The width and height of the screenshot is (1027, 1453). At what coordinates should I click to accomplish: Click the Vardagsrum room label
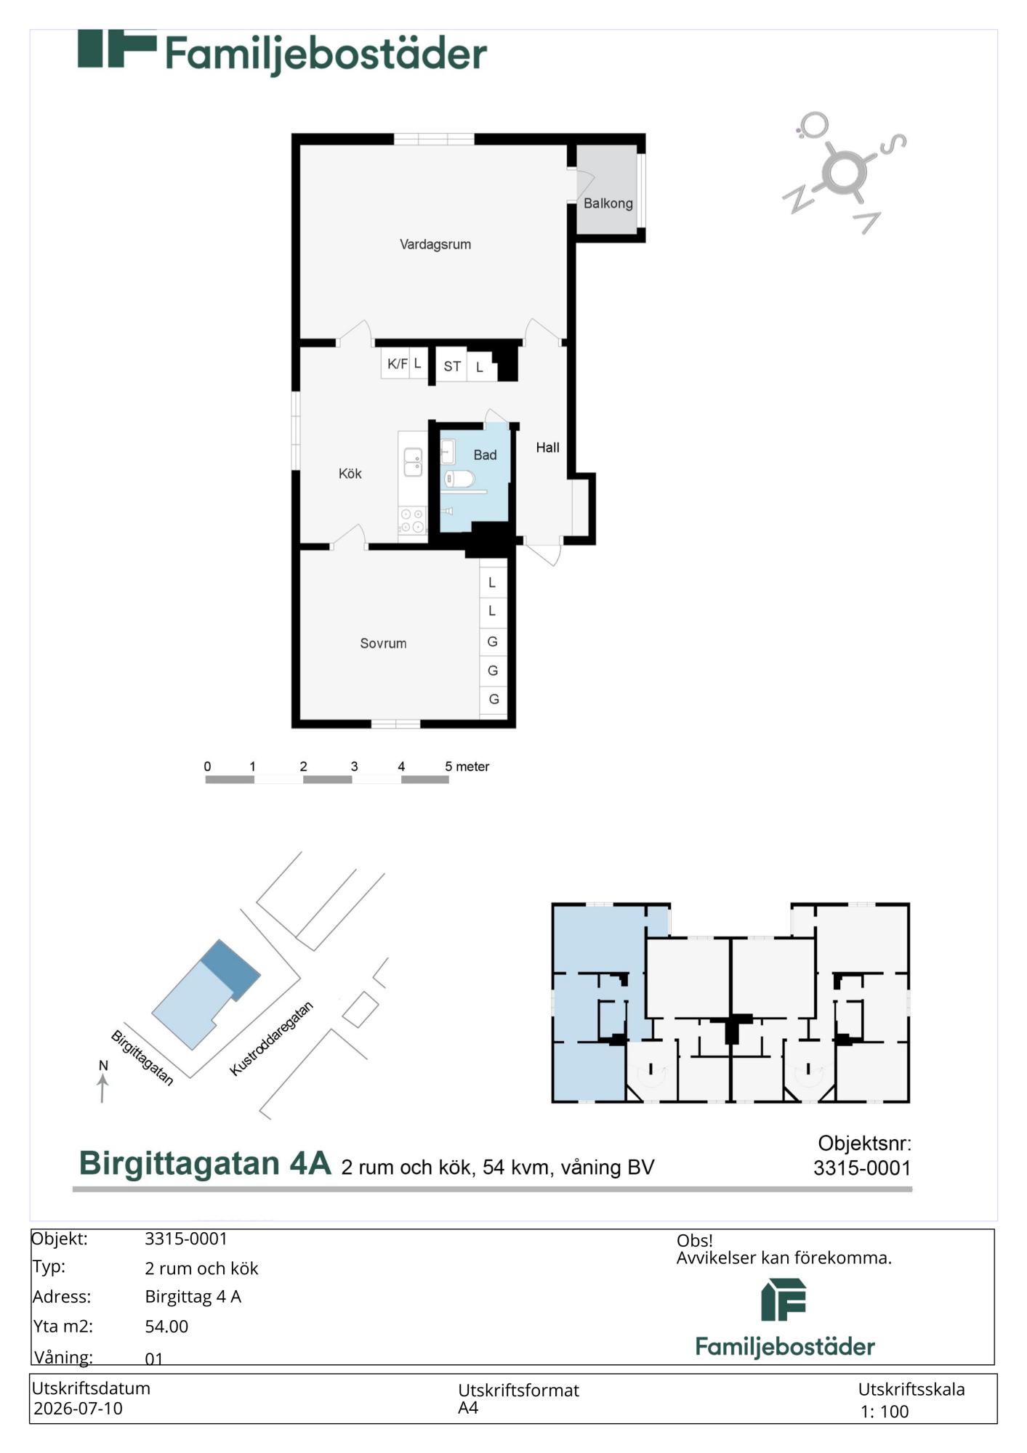click(x=435, y=245)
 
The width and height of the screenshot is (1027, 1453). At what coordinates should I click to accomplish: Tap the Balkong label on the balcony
click(x=608, y=204)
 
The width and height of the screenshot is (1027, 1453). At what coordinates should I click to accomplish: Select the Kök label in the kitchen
click(x=350, y=474)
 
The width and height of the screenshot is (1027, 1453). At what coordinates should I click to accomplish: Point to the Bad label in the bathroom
click(x=485, y=455)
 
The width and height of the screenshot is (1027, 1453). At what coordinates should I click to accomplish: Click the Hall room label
click(x=547, y=448)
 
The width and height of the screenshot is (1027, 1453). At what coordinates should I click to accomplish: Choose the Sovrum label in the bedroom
click(x=383, y=644)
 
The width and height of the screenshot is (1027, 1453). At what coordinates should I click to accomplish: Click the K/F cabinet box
click(x=396, y=364)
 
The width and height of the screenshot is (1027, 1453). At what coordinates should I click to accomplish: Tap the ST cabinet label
click(x=452, y=367)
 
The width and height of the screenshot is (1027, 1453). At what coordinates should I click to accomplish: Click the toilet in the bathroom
click(x=459, y=479)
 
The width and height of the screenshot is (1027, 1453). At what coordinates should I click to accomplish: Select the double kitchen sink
click(x=413, y=463)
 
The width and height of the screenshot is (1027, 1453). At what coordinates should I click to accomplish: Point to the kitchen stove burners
click(x=412, y=520)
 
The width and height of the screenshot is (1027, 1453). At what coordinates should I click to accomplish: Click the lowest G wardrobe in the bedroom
click(x=494, y=700)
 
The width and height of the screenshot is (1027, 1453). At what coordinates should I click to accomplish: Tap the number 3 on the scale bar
click(x=354, y=766)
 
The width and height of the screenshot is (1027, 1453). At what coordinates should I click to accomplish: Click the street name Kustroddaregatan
click(x=271, y=1039)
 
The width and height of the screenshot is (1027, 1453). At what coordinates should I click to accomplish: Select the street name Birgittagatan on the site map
click(x=142, y=1058)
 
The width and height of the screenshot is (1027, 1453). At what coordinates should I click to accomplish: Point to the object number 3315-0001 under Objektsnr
click(x=862, y=1168)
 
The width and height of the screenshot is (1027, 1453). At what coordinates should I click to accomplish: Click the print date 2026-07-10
click(x=78, y=1409)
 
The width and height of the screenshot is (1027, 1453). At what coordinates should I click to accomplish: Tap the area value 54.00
click(x=166, y=1327)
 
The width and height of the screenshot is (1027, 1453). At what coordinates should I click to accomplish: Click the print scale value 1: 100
click(x=885, y=1412)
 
